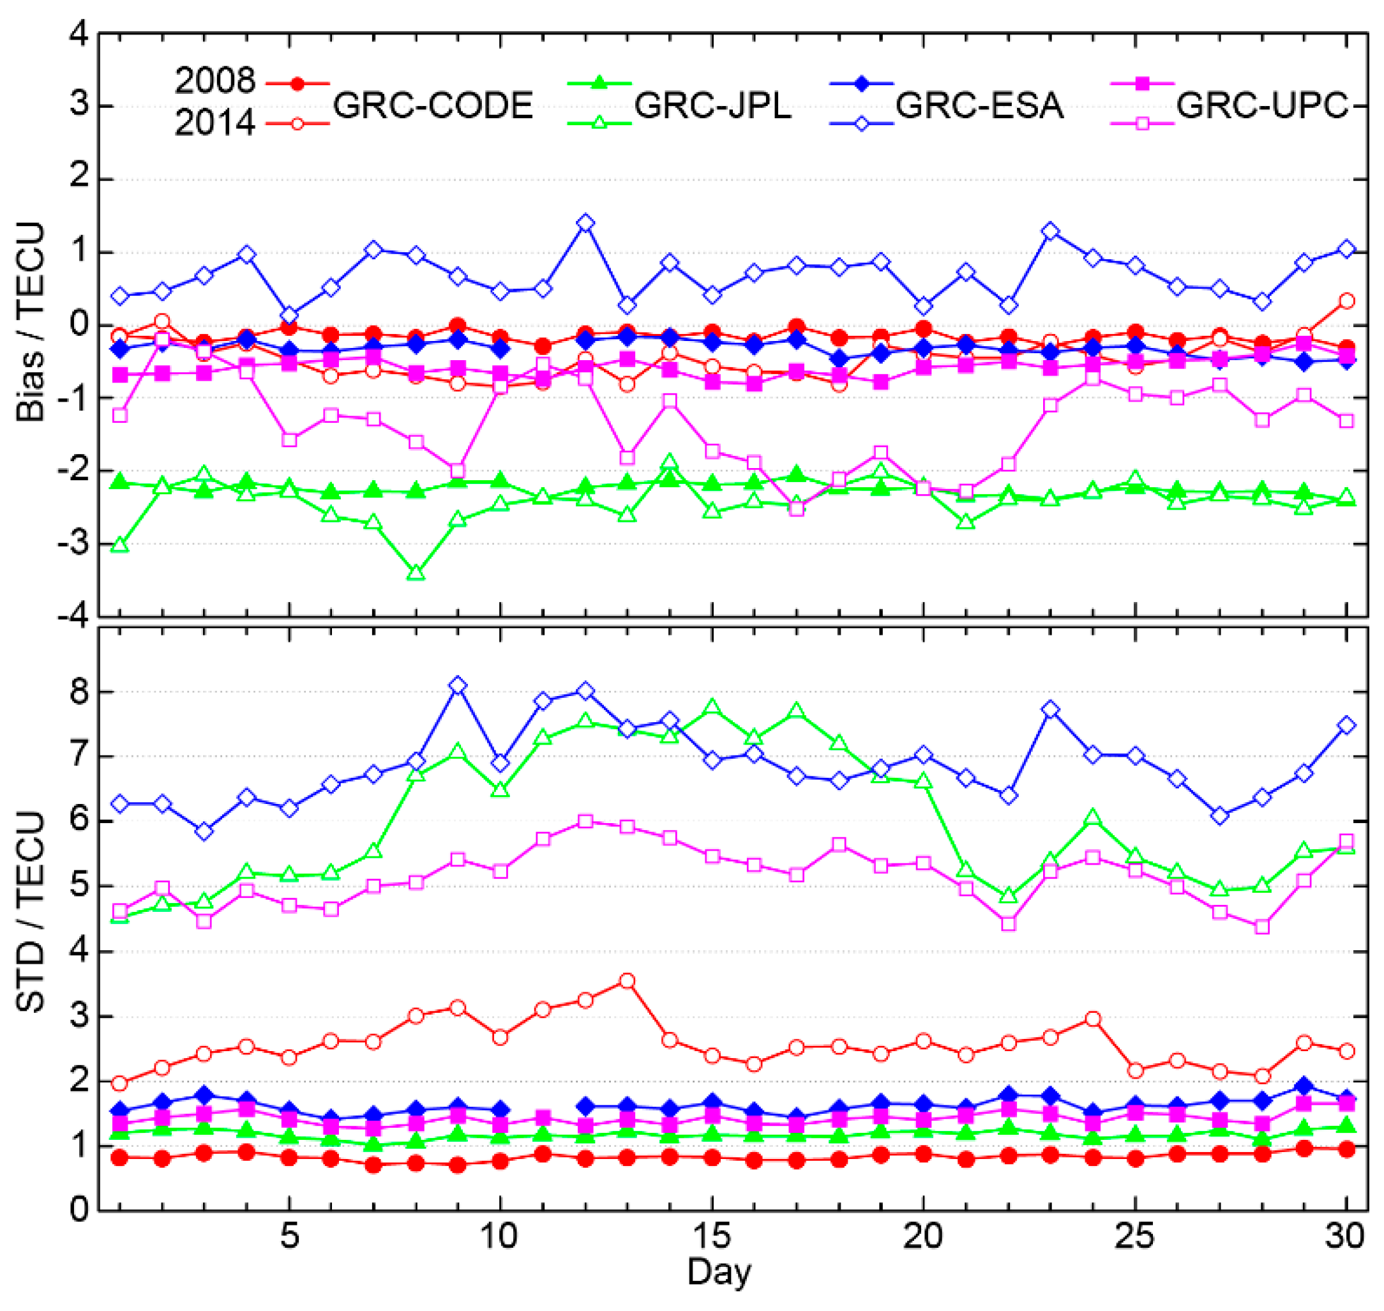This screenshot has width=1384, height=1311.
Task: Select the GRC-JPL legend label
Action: click(x=712, y=105)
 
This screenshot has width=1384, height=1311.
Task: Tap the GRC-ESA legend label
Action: click(x=979, y=105)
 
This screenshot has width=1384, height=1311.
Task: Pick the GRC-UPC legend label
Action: click(x=1261, y=105)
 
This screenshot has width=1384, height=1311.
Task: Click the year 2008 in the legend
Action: click(x=214, y=82)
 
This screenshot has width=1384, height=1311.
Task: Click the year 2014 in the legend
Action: click(x=214, y=124)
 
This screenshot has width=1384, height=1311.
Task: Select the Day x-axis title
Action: click(x=719, y=1271)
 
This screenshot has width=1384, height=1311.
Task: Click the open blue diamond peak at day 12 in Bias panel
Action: click(x=585, y=224)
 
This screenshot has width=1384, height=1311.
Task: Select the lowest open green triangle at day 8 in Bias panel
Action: click(x=416, y=572)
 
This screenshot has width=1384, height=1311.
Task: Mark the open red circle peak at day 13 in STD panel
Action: click(x=628, y=981)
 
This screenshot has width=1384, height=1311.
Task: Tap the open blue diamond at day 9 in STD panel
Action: click(x=458, y=686)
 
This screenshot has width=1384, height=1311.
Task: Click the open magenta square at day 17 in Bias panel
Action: click(x=797, y=509)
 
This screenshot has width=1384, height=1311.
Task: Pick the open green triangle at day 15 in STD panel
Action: click(x=712, y=707)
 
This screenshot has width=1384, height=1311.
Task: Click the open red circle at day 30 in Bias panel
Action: click(x=1346, y=301)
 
